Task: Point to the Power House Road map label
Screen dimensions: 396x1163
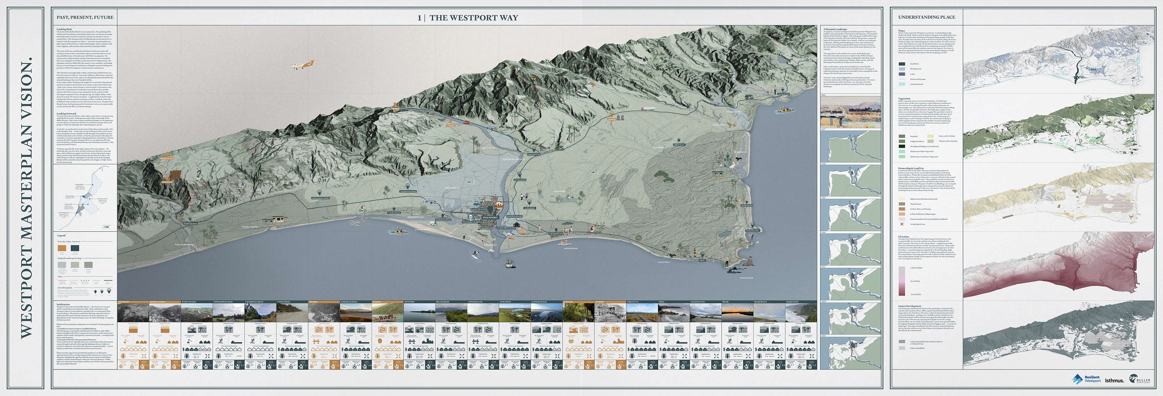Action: point(320,198)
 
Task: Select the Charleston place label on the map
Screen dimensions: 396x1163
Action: point(783,94)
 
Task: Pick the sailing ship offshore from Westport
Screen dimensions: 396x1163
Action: point(509,263)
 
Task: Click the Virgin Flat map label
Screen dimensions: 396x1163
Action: point(679,145)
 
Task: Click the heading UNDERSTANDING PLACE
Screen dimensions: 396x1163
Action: point(926,17)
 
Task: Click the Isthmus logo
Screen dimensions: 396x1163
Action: point(1114,380)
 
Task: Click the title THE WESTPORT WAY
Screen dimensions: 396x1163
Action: point(473,18)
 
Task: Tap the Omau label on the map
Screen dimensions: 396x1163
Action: point(702,261)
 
